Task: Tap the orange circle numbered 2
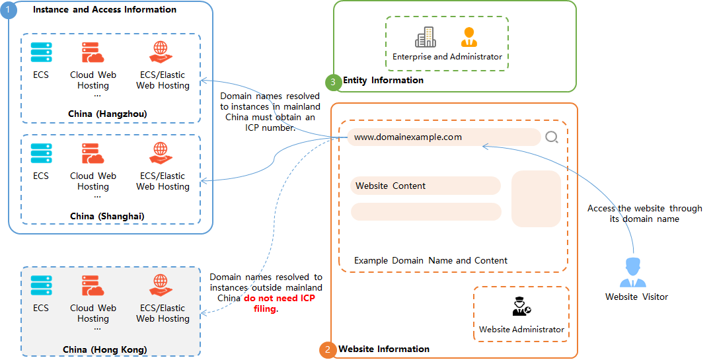pos(327,349)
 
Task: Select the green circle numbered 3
pos(333,82)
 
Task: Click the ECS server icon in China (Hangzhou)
pos(41,53)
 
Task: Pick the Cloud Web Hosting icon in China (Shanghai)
pos(93,154)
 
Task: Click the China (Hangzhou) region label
pos(107,114)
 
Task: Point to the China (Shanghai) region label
pos(107,216)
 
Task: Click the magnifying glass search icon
pos(552,137)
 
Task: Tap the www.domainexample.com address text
pos(408,137)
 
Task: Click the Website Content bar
pos(425,186)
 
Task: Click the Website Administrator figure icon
pos(521,306)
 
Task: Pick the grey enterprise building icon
pos(425,37)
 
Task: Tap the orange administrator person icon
pos(468,37)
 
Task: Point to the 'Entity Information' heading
pos(383,80)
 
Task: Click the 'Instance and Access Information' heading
pos(104,10)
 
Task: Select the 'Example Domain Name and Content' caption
pos(431,260)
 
